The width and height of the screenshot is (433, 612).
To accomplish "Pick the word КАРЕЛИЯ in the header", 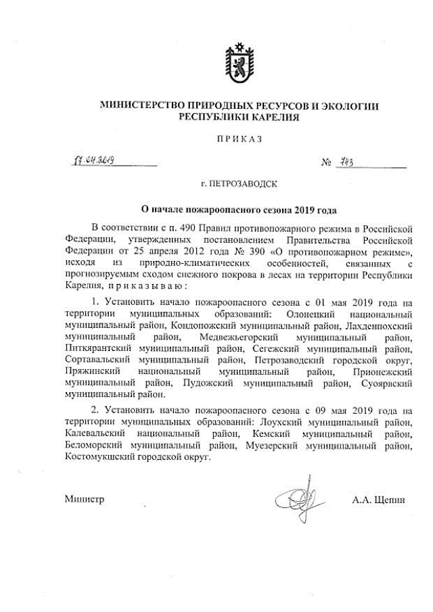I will pyautogui.click(x=272, y=117).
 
